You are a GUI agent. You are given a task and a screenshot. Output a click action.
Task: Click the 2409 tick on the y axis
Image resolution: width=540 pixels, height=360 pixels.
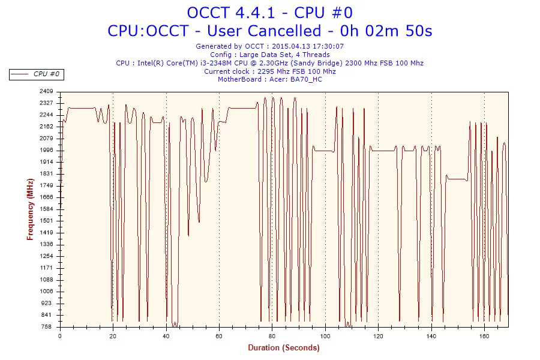point(47,91)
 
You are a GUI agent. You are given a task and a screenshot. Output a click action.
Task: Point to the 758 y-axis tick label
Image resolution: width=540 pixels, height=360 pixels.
point(47,327)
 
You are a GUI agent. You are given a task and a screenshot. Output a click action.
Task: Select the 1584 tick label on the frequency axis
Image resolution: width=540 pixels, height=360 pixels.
point(47,209)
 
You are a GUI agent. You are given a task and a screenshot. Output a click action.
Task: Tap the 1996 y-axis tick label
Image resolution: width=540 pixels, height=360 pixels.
point(47,150)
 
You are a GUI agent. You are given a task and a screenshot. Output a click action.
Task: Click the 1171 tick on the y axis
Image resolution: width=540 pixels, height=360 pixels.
point(47,268)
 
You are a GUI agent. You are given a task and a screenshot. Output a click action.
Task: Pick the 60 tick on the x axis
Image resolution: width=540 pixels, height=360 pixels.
point(219,336)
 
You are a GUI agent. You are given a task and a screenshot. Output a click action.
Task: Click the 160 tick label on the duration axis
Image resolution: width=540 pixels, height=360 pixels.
point(484,336)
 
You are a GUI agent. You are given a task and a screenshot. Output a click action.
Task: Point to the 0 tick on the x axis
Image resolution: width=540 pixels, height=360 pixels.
point(60,336)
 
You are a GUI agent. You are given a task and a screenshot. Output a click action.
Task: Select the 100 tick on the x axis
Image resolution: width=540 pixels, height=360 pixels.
point(325,336)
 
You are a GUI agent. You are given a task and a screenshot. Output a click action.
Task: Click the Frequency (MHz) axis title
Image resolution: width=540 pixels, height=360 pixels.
point(30,209)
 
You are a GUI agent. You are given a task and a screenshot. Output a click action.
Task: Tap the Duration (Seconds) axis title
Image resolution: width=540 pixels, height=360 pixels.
point(284,347)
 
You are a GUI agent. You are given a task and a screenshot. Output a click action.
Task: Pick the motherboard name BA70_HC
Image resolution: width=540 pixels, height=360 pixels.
point(306,79)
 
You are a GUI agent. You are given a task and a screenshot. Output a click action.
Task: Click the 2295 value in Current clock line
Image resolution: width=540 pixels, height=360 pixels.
point(267,71)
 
